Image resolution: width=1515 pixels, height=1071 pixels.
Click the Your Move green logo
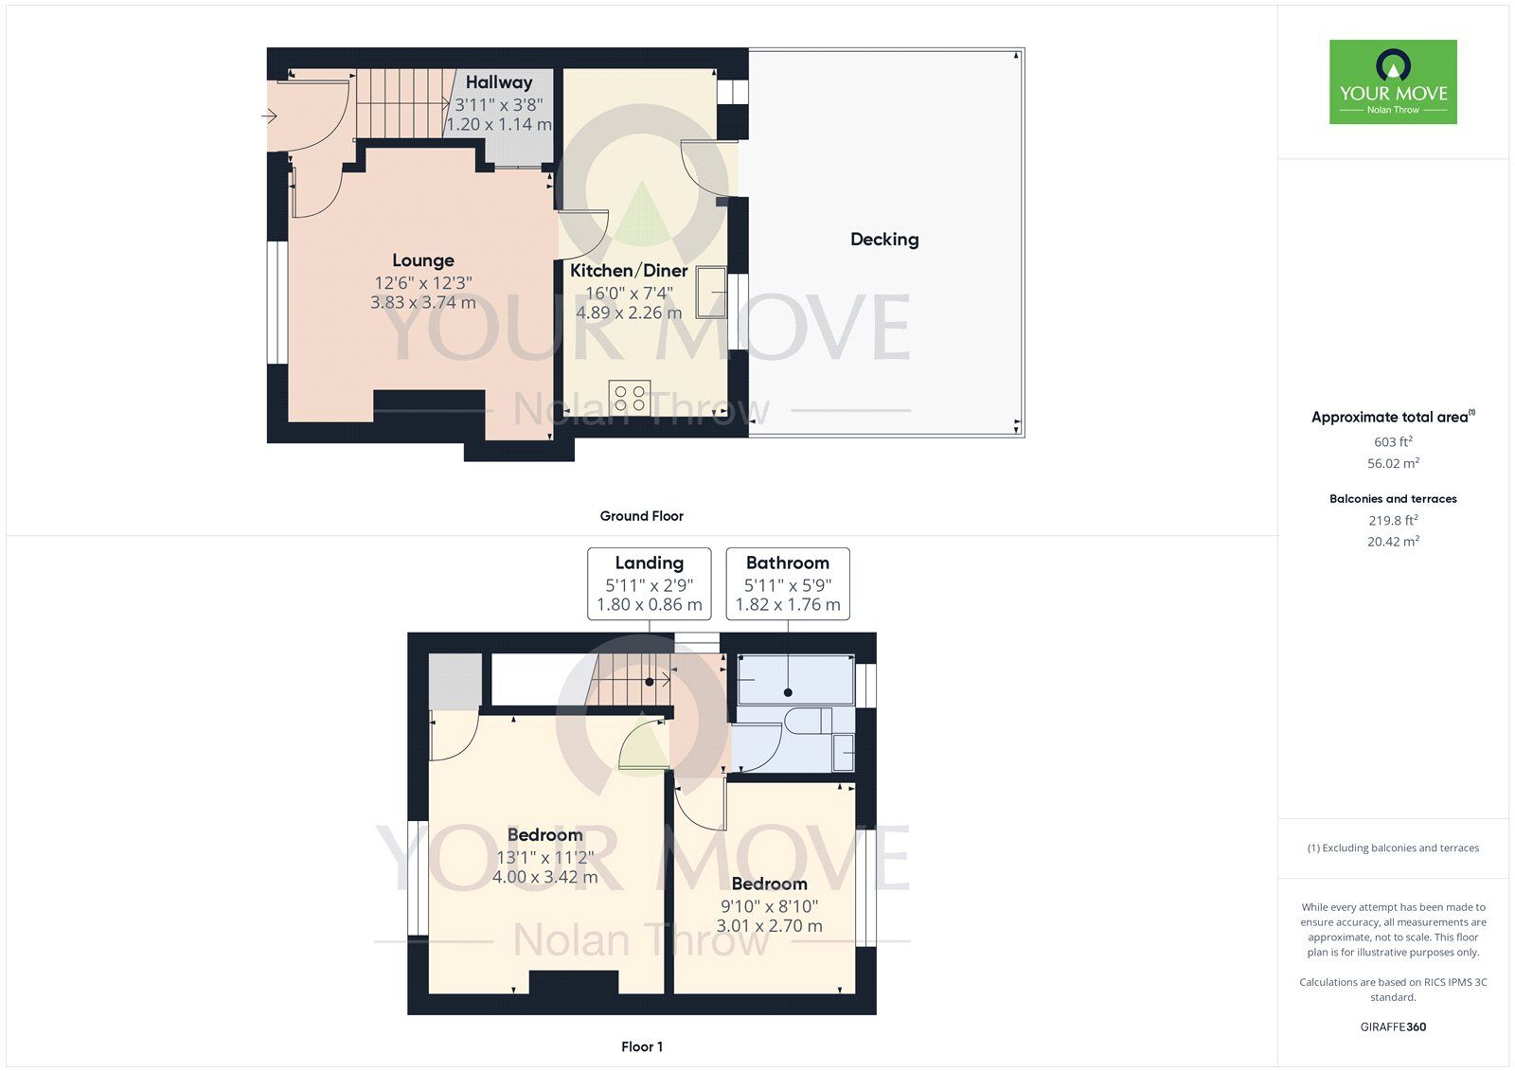pos(1393,81)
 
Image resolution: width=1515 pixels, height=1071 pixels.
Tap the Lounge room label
pos(423,260)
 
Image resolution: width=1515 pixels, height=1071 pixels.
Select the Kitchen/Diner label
pos(629,271)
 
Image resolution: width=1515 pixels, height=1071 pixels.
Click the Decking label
pos(884,240)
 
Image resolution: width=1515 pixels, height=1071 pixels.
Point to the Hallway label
pos(499,83)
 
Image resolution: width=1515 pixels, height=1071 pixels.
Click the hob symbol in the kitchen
pos(630,397)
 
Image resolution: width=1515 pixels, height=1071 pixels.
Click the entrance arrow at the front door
pos(269,116)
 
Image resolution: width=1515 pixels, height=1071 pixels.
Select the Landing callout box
pos(649,583)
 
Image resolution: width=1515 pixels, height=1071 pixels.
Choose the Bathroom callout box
pos(788,583)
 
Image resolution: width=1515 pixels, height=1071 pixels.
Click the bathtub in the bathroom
pos(795,680)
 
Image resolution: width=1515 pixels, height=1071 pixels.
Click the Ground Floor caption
pos(641,516)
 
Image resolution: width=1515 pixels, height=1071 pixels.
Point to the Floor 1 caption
pos(642,1046)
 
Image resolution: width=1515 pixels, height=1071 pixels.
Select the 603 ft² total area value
pos(1393,441)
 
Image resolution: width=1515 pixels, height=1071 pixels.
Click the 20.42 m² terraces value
pos(1393,542)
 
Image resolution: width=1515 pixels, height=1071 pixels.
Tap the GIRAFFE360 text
pos(1393,1026)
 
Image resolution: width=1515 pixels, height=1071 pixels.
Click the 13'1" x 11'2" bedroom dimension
pos(544,858)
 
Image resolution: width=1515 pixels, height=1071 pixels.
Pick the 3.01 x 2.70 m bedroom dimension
pos(769,926)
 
